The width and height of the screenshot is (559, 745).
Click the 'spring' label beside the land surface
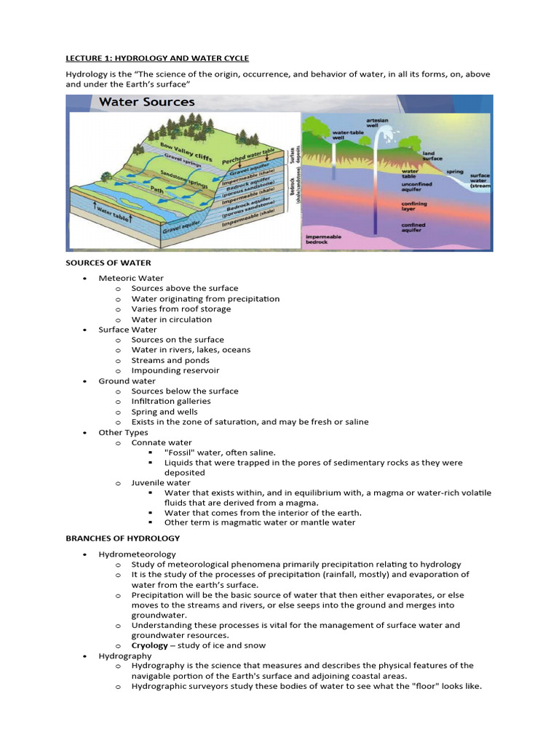point(455,172)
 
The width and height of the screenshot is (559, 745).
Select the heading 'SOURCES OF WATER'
point(108,263)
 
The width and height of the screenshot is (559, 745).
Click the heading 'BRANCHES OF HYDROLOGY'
point(122,538)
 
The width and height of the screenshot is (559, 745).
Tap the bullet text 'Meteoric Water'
point(131,279)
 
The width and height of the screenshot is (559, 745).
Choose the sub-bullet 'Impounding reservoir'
point(175,370)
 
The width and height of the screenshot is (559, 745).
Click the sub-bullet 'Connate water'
point(162,442)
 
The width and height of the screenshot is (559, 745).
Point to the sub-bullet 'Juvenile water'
point(161,483)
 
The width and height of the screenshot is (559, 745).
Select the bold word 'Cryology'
point(149,645)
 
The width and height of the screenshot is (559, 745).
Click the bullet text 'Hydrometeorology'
point(137,554)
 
